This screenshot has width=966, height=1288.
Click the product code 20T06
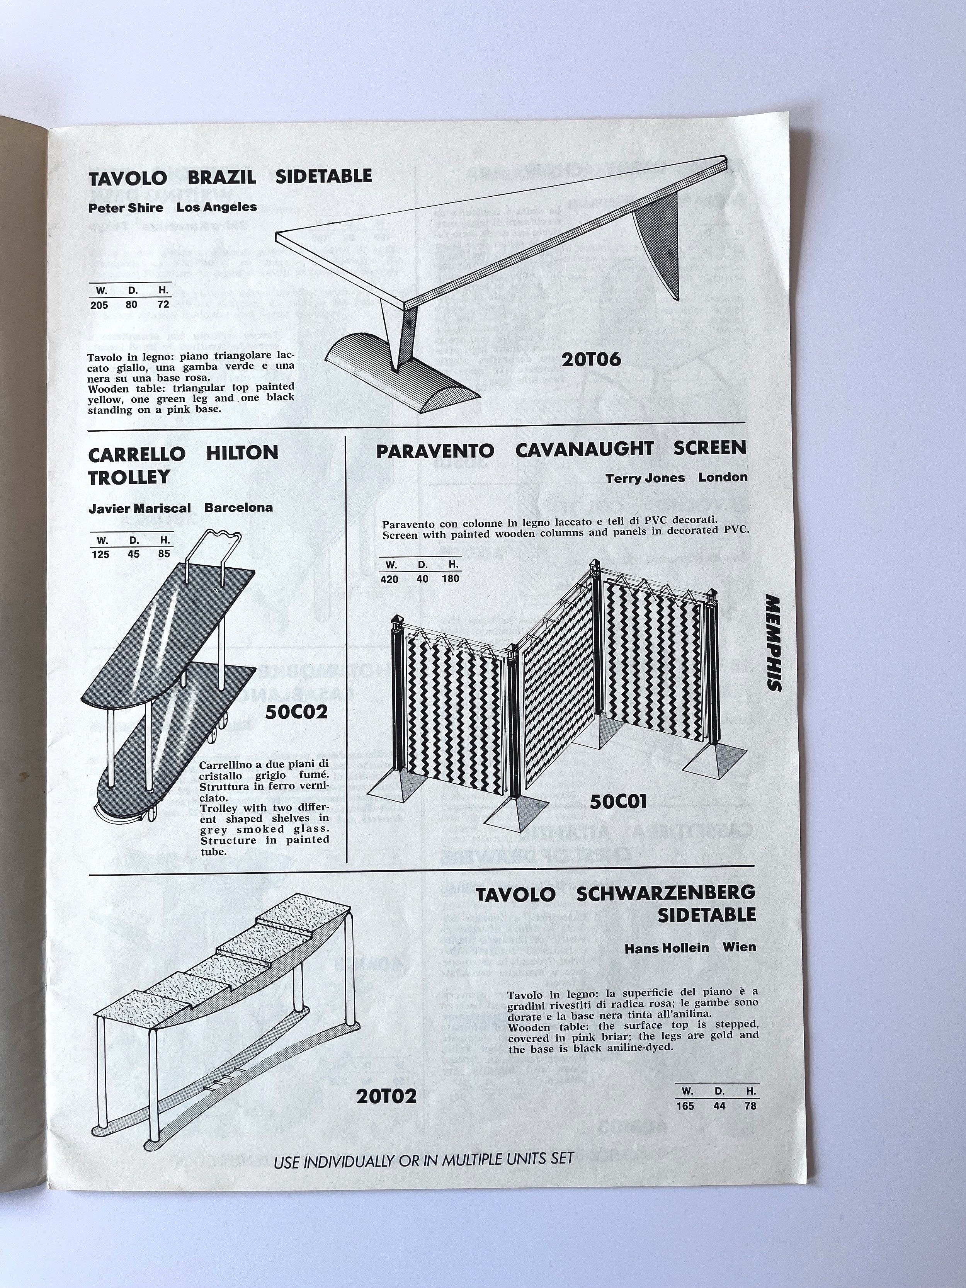click(x=591, y=360)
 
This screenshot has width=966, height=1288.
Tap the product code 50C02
click(x=296, y=711)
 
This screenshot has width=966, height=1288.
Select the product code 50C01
click(x=618, y=802)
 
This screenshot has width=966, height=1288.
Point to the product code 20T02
click(x=387, y=1096)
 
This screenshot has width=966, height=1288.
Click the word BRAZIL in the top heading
click(x=222, y=177)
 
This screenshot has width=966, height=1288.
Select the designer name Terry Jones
click(x=645, y=478)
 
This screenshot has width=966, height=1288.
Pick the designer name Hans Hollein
click(x=666, y=948)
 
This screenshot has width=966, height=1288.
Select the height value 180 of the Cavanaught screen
click(x=450, y=579)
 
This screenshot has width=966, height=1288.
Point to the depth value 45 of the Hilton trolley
click(x=133, y=554)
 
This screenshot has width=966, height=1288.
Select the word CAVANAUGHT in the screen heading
click(x=584, y=449)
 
